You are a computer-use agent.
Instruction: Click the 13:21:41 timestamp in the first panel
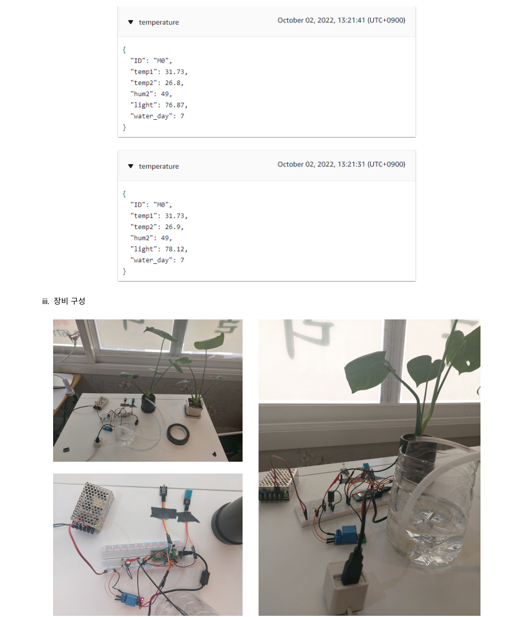tap(351, 20)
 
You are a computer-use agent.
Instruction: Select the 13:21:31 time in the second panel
tap(351, 164)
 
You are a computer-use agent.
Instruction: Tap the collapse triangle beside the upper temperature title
tap(130, 22)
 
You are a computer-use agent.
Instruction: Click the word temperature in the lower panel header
tap(159, 167)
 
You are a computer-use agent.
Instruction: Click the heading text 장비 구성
tap(69, 301)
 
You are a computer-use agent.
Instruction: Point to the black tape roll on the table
tap(178, 435)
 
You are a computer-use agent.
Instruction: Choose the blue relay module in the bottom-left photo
tap(131, 598)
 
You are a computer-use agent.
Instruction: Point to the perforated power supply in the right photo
tap(278, 485)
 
